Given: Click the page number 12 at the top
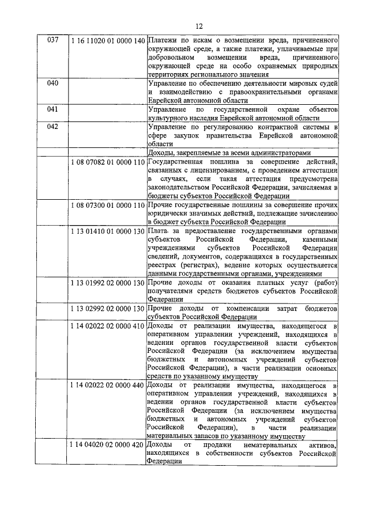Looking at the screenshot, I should [x=199, y=25].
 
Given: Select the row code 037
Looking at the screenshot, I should [x=52, y=41].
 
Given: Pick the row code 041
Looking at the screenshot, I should [x=52, y=109].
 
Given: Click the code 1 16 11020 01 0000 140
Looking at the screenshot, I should [x=107, y=41].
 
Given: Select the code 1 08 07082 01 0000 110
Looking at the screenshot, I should [x=107, y=163].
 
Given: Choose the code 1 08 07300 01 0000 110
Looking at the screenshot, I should [x=107, y=205].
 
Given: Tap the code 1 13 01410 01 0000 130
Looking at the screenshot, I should [x=107, y=231].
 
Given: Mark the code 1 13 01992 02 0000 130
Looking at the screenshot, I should [x=107, y=283].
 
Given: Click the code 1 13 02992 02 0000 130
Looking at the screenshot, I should [x=107, y=309].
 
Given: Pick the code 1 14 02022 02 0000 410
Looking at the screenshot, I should [x=107, y=326].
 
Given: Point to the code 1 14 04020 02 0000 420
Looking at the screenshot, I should [x=107, y=446].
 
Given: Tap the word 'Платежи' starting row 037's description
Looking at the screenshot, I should [x=163, y=41].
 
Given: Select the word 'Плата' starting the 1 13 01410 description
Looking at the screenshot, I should [x=159, y=231].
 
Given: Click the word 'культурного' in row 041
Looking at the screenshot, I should [x=170, y=117].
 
